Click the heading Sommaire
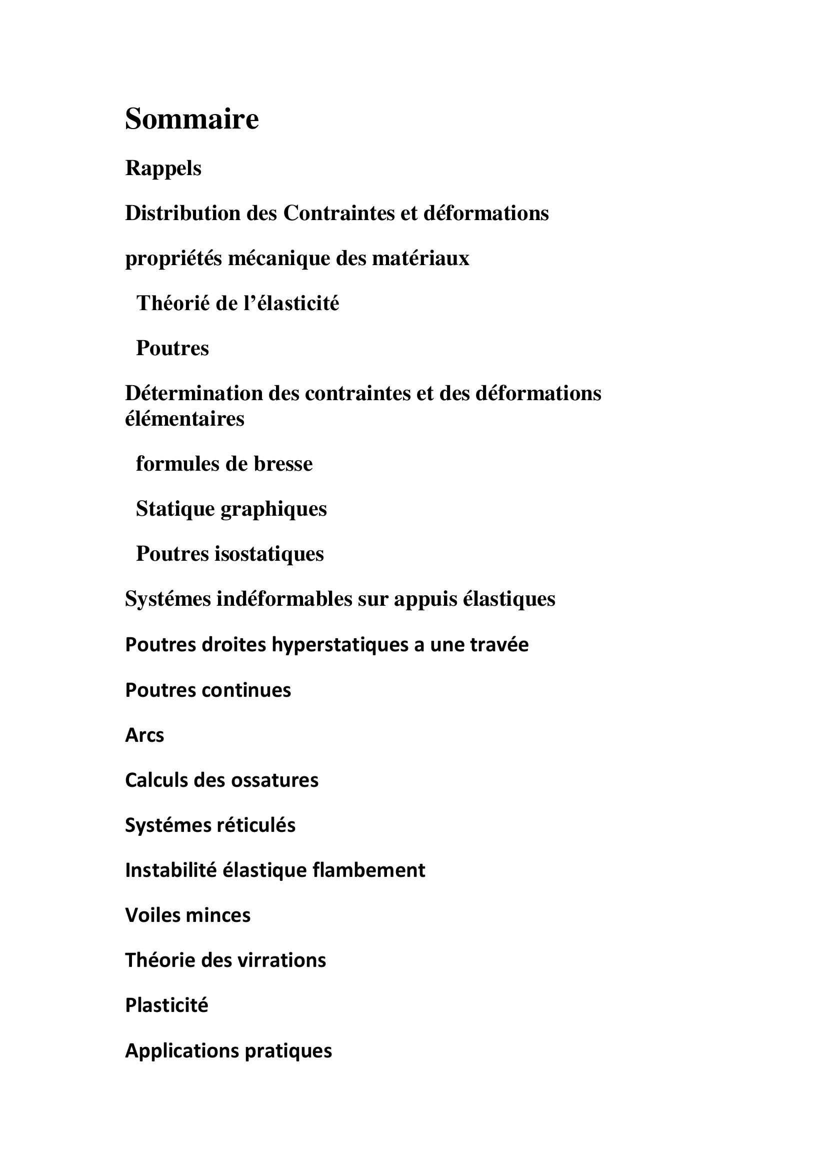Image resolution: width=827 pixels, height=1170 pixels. (x=191, y=119)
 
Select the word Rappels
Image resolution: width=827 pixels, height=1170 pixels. (x=163, y=168)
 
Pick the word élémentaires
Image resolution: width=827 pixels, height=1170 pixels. (x=184, y=419)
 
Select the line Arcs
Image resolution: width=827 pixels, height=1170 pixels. (x=144, y=735)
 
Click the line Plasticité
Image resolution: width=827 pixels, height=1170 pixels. (x=166, y=1005)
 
